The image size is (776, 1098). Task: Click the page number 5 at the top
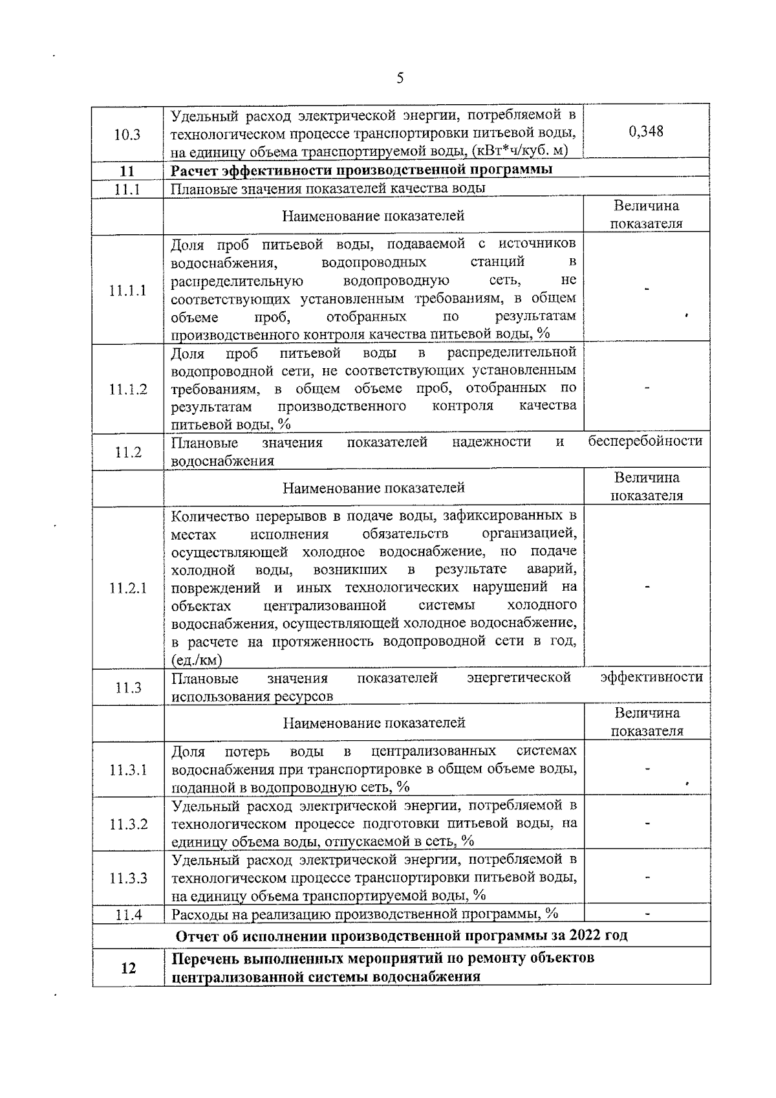pos(400,79)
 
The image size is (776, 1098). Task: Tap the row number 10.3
pos(127,135)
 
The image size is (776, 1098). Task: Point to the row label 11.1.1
pos(127,290)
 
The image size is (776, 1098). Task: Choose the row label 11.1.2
pos(127,389)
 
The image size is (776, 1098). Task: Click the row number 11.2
pos(127,452)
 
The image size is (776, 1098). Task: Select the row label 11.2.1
pos(127,588)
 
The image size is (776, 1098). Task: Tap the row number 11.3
pos(127,688)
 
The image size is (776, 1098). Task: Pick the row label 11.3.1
pos(128,770)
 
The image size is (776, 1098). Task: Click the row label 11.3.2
pos(128,824)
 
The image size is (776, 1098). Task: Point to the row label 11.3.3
pos(128,878)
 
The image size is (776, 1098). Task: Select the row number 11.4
pos(128,915)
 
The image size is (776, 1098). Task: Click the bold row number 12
pos(128,968)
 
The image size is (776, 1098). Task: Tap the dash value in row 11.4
pos(647,914)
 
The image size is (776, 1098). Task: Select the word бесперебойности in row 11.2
pos(645,441)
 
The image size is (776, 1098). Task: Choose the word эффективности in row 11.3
pos(651,677)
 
